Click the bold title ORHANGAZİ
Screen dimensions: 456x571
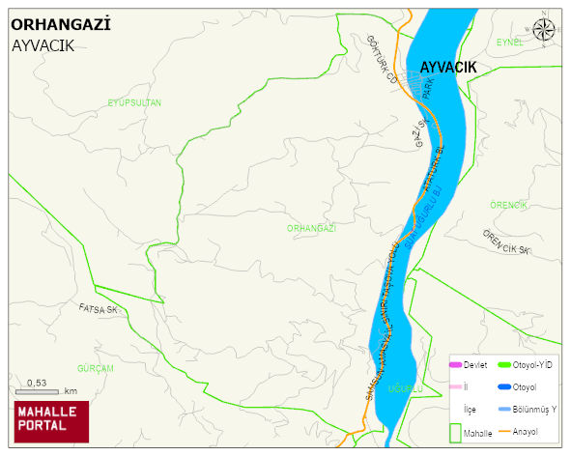[x=60, y=25]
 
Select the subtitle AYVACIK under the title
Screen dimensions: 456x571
[x=43, y=45]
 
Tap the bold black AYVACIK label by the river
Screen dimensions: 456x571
[x=448, y=67]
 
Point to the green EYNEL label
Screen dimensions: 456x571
[x=509, y=43]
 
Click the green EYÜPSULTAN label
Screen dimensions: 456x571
[x=134, y=102]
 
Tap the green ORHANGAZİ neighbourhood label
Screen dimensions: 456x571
[x=311, y=228]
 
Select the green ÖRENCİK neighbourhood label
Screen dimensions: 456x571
[x=508, y=205]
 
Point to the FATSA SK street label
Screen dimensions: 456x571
[x=98, y=309]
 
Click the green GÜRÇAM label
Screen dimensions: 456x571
[x=96, y=369]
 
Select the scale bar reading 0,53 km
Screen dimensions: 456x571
[x=45, y=388]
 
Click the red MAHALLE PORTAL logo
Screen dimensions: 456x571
[x=50, y=421]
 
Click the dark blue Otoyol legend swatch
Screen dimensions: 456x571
[x=504, y=387]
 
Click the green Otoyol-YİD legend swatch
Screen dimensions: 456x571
[x=504, y=364]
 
